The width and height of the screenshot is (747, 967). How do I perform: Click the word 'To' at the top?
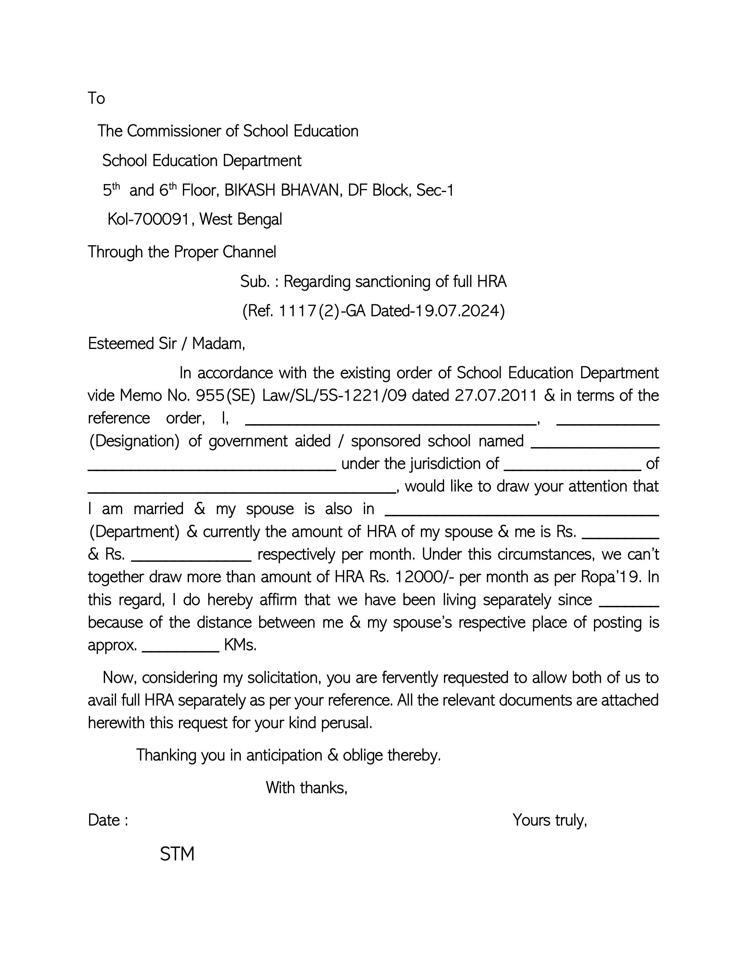pos(96,98)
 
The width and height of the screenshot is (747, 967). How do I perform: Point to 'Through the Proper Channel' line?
pos(182,252)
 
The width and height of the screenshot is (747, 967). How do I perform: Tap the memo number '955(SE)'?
pos(225,395)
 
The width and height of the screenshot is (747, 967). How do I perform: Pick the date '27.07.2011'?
pos(496,395)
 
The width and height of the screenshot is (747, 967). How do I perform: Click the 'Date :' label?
pos(108,820)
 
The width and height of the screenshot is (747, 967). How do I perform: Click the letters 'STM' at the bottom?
pos(177,854)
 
